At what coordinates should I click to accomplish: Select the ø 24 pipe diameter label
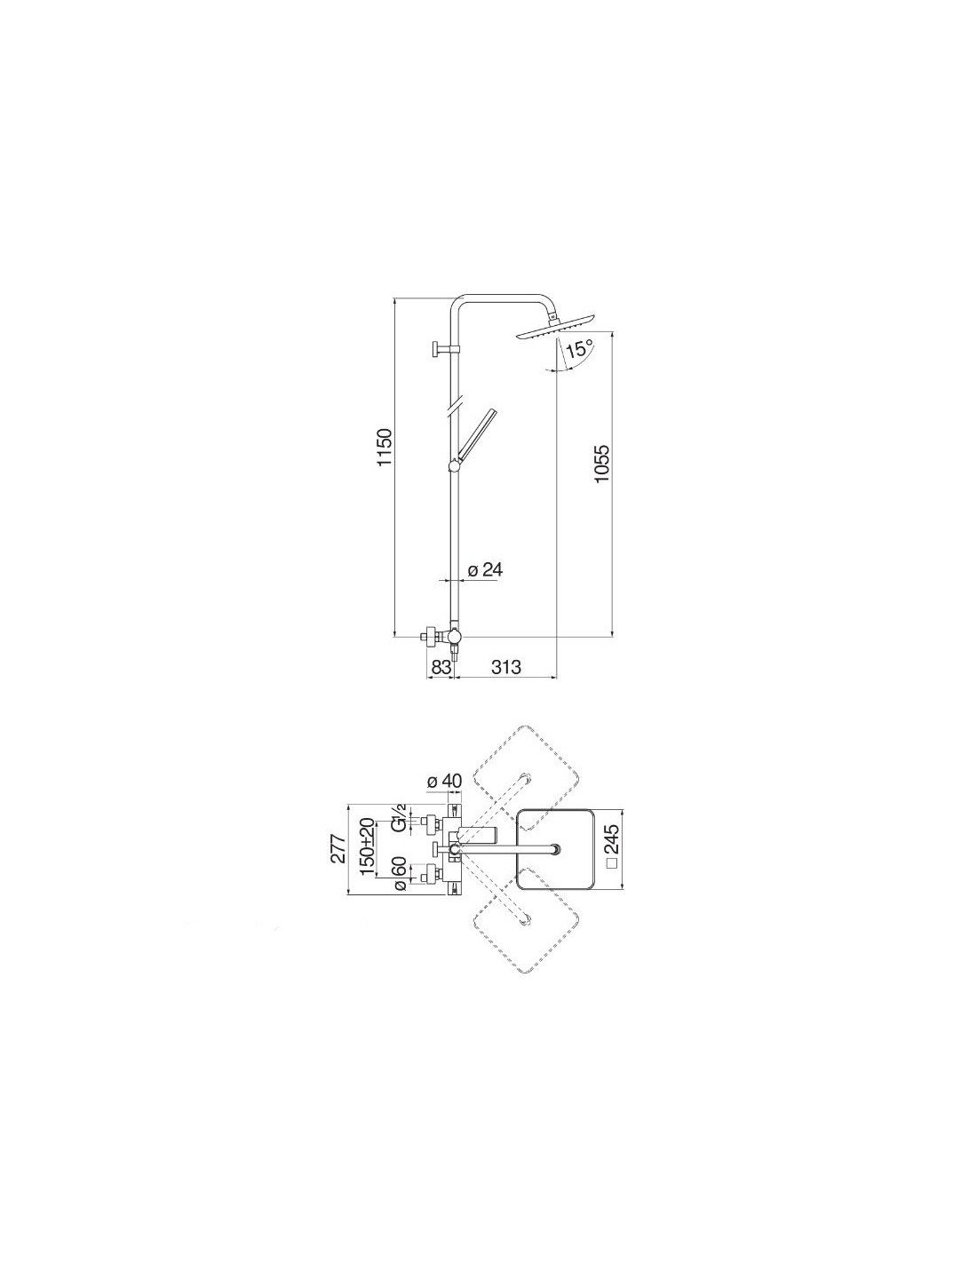[x=483, y=569]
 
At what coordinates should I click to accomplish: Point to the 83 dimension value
[x=441, y=667]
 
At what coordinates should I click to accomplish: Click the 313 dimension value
[x=505, y=667]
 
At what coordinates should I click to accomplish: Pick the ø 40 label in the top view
[x=444, y=782]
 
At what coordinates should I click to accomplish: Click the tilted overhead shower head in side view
[x=555, y=327]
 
